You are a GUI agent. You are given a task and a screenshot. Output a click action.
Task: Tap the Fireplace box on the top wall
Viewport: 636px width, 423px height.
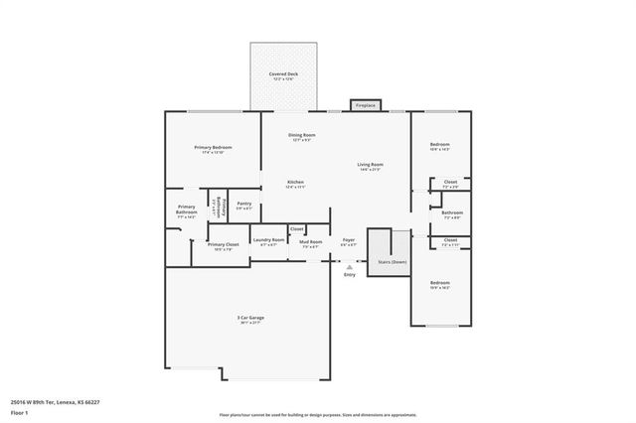click(x=365, y=104)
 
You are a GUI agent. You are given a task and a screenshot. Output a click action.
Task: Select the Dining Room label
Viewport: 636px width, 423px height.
click(x=302, y=135)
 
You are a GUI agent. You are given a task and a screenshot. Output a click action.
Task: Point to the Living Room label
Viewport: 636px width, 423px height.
click(x=371, y=164)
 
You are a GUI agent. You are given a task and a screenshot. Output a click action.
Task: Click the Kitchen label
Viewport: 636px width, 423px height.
click(x=295, y=182)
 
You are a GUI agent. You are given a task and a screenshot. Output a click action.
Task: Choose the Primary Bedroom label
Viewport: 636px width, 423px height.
click(x=213, y=147)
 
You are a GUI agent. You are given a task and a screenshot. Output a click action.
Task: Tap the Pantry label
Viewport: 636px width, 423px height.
click(x=243, y=204)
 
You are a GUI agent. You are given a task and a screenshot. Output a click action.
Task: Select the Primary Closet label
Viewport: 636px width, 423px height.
click(x=223, y=244)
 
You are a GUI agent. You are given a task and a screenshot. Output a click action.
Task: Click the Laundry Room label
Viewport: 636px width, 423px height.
click(x=266, y=239)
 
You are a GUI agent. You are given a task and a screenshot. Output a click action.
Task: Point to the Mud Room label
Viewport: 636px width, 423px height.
click(x=311, y=241)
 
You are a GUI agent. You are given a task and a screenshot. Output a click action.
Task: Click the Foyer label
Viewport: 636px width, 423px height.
click(x=349, y=239)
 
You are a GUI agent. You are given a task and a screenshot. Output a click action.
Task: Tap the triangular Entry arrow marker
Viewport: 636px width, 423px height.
click(x=349, y=266)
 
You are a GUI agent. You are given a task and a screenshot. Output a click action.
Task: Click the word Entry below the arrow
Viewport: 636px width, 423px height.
click(x=349, y=275)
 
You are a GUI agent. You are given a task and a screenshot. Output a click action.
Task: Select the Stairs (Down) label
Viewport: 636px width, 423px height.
click(x=393, y=261)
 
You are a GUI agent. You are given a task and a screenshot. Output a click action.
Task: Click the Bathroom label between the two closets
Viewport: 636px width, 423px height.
click(x=452, y=212)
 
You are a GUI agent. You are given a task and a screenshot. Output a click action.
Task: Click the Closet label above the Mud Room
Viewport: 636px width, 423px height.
click(x=296, y=228)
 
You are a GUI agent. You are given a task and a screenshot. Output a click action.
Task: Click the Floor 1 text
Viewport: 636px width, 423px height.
click(x=19, y=412)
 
